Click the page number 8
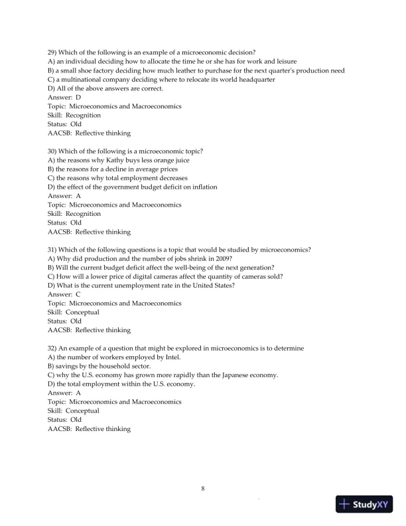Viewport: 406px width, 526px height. point(203,489)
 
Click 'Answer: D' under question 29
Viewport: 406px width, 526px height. point(64,98)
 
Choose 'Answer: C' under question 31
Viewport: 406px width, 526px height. point(64,294)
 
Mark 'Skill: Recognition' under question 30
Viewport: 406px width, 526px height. point(74,214)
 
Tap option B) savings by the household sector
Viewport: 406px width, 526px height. point(100,366)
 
